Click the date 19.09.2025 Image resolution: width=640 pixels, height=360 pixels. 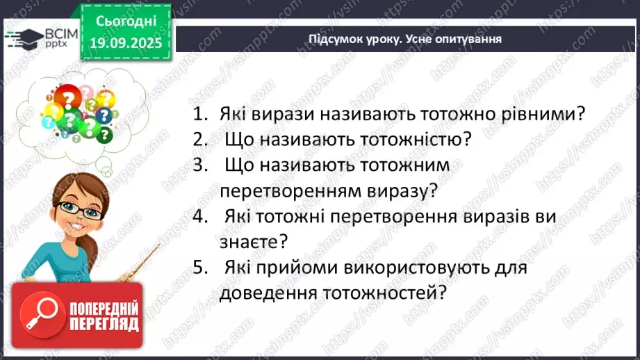tap(125, 41)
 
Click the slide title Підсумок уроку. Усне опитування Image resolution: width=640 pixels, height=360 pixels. tap(405, 39)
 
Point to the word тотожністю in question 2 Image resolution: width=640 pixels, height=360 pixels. tap(415, 140)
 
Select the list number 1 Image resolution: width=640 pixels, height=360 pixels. tap(200, 115)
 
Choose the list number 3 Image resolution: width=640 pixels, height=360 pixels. tap(200, 165)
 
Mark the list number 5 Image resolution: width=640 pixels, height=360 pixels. tap(200, 267)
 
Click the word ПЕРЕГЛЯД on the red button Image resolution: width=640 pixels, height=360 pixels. tap(103, 325)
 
